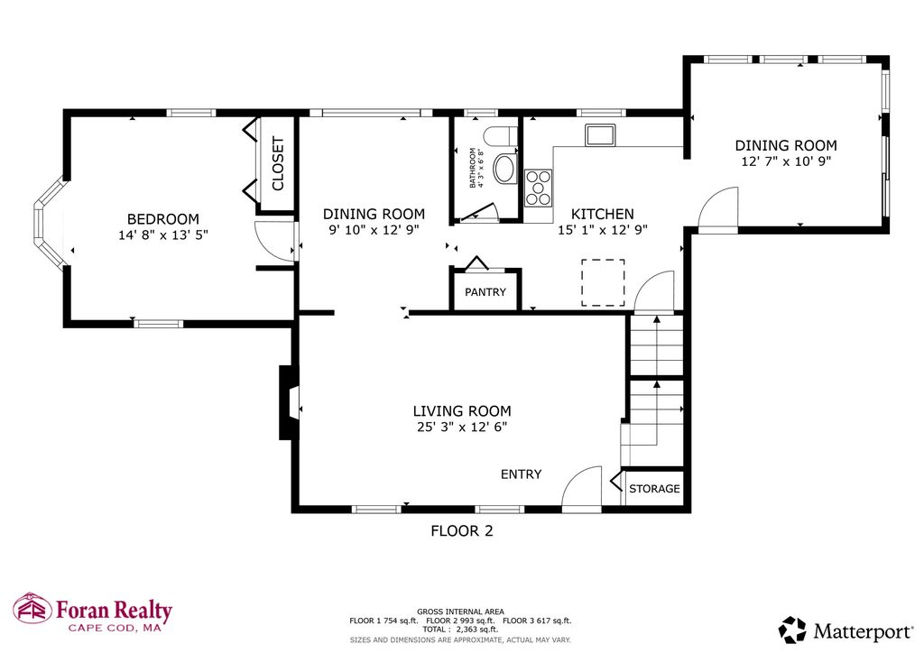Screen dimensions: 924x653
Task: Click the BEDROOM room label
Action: click(x=163, y=219)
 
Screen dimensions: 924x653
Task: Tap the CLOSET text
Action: click(x=278, y=163)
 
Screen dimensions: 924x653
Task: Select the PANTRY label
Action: click(x=485, y=292)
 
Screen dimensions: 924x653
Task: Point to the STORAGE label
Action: click(x=654, y=489)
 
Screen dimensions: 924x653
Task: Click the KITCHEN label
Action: click(x=602, y=214)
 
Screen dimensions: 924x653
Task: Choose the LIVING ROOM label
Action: click(x=462, y=411)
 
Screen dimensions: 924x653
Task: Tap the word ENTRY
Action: click(x=521, y=474)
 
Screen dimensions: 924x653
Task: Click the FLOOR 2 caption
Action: click(x=462, y=531)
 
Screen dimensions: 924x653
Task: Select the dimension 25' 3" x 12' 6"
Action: click(x=462, y=427)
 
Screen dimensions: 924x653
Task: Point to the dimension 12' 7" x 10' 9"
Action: click(x=786, y=161)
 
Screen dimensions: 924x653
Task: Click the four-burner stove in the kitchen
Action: click(x=538, y=188)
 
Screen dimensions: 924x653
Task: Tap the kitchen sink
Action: click(x=600, y=135)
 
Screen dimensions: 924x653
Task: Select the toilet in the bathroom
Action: click(x=500, y=136)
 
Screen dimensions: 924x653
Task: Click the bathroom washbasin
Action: click(x=504, y=169)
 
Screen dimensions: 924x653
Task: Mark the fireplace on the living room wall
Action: click(x=289, y=403)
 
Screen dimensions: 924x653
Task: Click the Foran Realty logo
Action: click(x=93, y=612)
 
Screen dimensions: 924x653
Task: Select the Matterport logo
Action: click(x=845, y=630)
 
